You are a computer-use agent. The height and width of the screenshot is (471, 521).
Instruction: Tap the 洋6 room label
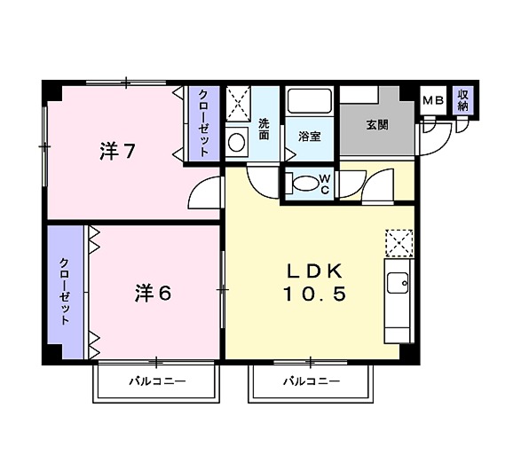coord(153,293)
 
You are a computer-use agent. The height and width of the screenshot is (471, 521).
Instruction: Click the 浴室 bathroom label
coord(309,137)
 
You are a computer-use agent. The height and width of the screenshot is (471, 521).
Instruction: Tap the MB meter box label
coord(432,100)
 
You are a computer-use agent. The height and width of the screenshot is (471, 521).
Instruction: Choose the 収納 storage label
coord(462,99)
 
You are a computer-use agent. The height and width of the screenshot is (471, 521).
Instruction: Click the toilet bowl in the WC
coord(304,184)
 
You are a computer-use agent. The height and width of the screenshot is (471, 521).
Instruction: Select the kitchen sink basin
coord(397,287)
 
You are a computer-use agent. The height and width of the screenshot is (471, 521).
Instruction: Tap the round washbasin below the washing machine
coord(236,140)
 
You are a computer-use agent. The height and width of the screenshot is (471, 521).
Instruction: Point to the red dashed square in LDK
coord(399,242)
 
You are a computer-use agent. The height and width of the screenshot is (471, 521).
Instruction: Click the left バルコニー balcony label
coord(156,383)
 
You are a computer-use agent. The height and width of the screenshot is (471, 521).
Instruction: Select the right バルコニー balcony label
coord(312,383)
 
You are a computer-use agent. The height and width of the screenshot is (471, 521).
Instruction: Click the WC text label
coord(325,184)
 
